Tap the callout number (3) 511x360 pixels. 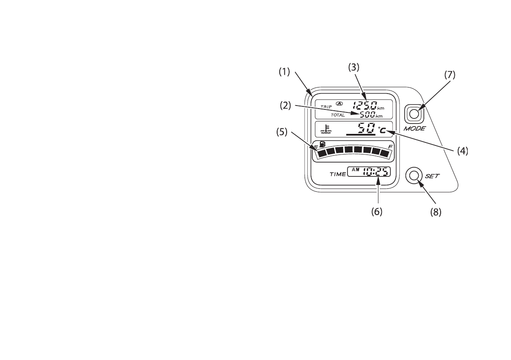353,67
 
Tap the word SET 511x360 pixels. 431,176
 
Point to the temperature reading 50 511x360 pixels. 366,128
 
